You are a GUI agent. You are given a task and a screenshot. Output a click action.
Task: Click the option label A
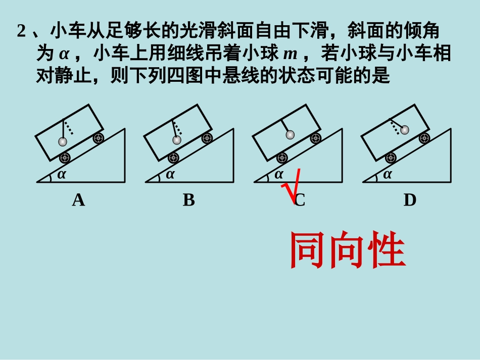78,200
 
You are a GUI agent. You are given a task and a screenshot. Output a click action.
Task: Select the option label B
188,200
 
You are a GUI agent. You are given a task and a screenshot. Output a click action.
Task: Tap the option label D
410,200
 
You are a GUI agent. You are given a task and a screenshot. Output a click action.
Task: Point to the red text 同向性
348,251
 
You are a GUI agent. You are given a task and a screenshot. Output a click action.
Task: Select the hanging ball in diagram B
176,140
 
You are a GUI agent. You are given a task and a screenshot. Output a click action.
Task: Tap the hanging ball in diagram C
290,134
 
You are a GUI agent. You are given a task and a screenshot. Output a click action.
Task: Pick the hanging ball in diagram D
404,130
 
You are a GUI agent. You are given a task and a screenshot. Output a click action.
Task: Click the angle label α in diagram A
61,175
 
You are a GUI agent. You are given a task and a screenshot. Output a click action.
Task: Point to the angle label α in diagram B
170,175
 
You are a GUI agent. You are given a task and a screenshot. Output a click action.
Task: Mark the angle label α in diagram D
388,175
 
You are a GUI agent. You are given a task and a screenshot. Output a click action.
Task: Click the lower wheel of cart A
65,158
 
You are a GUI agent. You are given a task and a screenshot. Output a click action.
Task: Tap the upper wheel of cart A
98,138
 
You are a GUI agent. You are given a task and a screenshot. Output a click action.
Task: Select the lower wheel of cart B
173,158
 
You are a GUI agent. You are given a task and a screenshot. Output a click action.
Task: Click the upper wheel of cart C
316,138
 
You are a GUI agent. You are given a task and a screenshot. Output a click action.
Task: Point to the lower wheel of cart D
391,158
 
